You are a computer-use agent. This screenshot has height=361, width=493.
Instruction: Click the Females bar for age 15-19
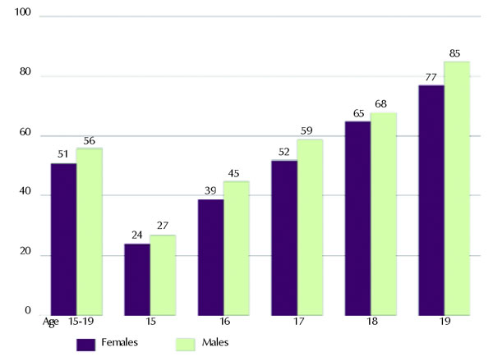[63, 239]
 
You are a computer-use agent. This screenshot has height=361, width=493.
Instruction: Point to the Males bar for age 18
[383, 213]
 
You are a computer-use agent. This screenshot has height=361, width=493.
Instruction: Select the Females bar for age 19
[431, 199]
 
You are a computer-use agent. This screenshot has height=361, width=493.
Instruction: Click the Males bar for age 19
[457, 188]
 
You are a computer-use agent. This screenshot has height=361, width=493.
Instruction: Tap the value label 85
[454, 54]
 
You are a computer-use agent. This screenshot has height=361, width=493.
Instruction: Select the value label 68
[382, 105]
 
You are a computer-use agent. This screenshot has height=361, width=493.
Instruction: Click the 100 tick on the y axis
[23, 16]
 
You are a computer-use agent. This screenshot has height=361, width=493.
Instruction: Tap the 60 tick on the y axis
[25, 135]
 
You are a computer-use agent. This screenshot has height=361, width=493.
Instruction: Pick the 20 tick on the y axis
[25, 254]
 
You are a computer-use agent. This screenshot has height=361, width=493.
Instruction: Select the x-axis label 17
[297, 322]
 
